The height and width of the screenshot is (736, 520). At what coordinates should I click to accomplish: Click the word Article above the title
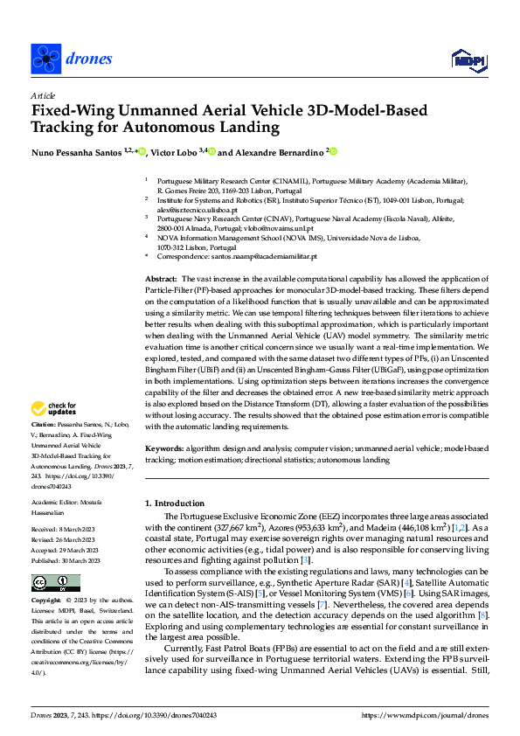point(42,95)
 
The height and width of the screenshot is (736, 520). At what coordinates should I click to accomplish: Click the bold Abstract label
point(160,277)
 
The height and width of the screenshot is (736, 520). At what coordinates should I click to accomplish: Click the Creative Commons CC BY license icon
point(55,583)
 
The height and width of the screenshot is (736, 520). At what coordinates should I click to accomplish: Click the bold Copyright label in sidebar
point(47,602)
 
